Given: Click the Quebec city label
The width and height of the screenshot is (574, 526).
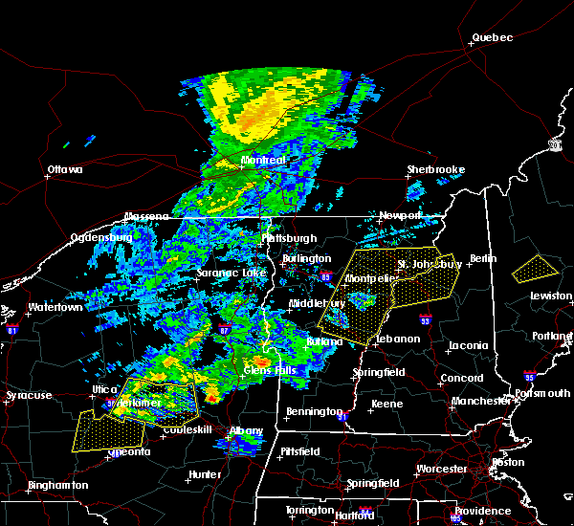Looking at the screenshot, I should [x=492, y=38].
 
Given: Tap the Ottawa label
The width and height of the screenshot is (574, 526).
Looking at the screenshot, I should [x=65, y=170].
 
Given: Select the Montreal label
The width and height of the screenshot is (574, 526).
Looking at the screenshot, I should [x=263, y=161].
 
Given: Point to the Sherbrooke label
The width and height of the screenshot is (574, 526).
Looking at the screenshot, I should [x=435, y=169].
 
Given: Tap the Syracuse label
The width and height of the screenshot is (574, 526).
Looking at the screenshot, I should [x=28, y=395].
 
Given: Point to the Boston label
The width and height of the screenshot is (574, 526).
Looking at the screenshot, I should [x=507, y=462].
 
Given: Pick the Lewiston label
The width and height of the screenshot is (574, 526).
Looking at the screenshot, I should [x=552, y=296].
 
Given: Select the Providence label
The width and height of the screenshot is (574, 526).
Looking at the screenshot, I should [x=482, y=511].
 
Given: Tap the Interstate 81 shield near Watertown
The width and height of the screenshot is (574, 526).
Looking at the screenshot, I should [x=12, y=329].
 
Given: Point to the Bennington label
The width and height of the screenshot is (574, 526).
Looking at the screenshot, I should [x=313, y=412].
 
